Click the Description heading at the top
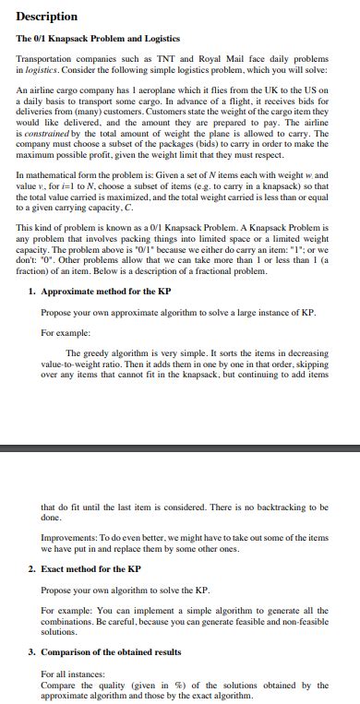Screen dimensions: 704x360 pos(46,17)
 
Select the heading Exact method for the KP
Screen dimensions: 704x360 pos(90,569)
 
